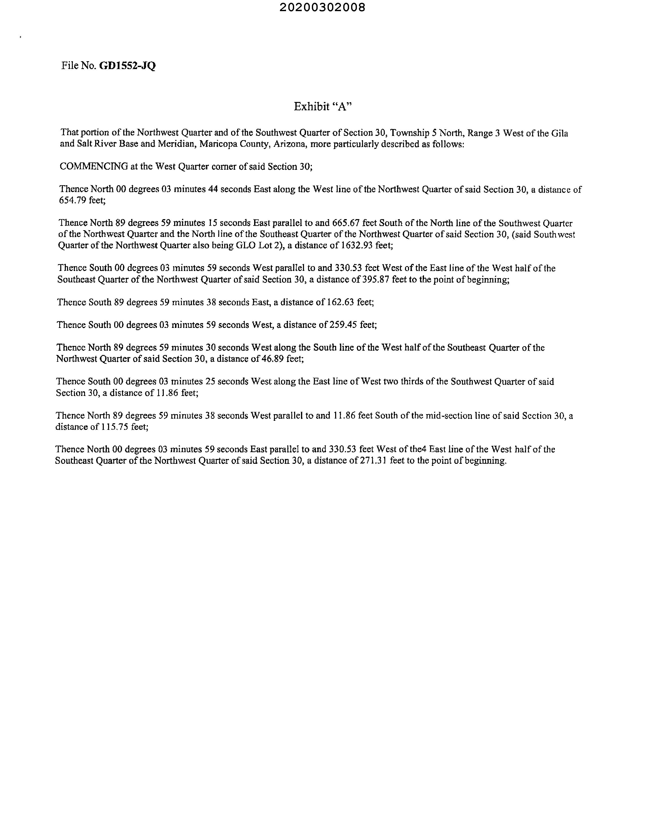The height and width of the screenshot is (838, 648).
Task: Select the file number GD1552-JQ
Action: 128,66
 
